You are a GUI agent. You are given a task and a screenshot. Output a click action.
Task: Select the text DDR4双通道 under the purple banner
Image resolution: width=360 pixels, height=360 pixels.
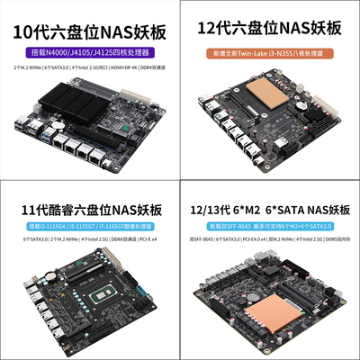[158, 68]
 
